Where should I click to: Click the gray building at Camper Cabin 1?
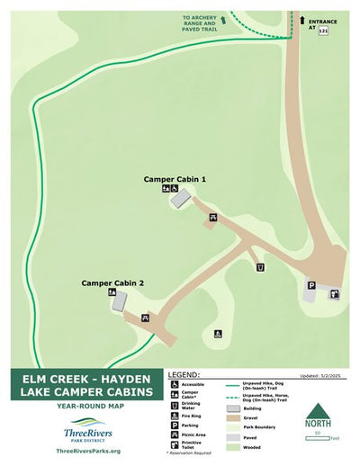tap(181, 200)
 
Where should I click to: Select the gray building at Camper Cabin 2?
tap(119, 303)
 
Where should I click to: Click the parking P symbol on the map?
tap(311, 285)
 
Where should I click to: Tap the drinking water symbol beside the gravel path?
tap(260, 266)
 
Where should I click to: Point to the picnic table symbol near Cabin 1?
tap(212, 217)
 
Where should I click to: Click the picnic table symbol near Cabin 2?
tap(144, 318)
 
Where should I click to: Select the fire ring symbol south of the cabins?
tap(218, 334)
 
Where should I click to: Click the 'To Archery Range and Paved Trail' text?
tap(199, 23)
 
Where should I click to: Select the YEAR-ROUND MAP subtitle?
tap(88, 406)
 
